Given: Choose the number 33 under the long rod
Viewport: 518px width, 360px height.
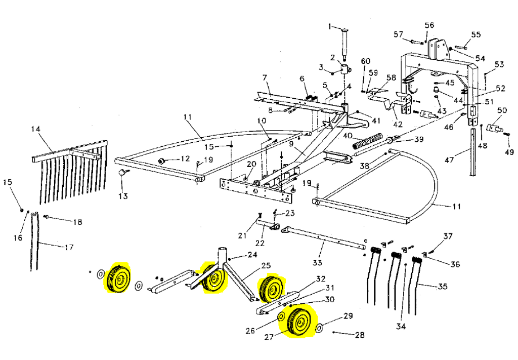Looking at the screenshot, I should pos(317,262).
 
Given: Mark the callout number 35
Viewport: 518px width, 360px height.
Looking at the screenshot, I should pos(442,287).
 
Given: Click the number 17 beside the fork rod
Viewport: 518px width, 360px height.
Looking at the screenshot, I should pos(69,248).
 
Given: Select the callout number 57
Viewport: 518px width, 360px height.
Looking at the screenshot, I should pos(399,34).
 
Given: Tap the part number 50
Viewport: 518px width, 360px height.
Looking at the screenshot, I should pos(502,110).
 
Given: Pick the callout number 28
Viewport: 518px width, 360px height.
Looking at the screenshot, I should pos(359,335).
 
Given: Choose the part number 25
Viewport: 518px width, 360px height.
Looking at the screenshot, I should pos(266,265).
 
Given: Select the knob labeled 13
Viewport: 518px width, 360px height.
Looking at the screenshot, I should pos(122,174).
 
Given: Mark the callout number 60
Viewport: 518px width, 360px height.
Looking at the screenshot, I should pos(365,61).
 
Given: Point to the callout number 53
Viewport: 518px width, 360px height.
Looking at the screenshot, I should pos(499,64).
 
